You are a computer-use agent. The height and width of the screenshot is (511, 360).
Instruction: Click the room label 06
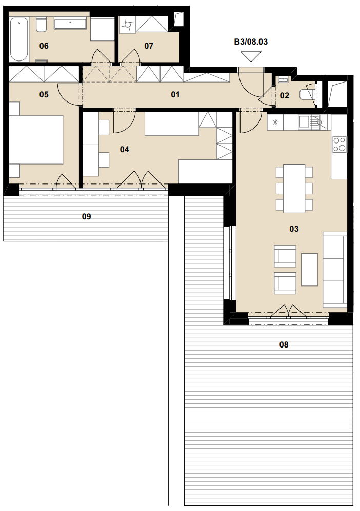click(x=44, y=46)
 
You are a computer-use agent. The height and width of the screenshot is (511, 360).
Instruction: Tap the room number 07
click(x=149, y=46)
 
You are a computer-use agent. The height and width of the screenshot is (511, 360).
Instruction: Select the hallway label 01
click(x=175, y=94)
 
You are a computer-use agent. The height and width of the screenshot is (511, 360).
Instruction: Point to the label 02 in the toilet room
click(x=284, y=95)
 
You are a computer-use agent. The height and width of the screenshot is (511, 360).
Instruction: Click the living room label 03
click(x=294, y=229)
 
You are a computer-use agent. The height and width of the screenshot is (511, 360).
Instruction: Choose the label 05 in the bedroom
click(x=44, y=94)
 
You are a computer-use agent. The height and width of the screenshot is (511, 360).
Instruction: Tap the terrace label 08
click(x=284, y=344)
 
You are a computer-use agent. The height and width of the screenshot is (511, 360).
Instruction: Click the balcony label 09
click(x=87, y=216)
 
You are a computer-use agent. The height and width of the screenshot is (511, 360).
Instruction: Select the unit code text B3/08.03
click(x=251, y=42)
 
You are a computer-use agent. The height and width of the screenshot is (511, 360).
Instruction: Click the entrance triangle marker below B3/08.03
click(x=251, y=57)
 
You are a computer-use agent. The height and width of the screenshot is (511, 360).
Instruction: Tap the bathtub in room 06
click(x=18, y=39)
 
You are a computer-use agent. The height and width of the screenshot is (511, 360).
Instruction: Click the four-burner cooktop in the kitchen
click(x=339, y=145)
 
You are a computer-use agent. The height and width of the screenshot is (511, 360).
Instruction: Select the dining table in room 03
click(x=294, y=189)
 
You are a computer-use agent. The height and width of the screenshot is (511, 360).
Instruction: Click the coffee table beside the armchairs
click(x=309, y=270)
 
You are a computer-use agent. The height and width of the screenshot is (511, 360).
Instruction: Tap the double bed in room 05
click(x=36, y=139)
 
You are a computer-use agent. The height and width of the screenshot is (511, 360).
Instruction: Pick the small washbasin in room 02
click(x=283, y=80)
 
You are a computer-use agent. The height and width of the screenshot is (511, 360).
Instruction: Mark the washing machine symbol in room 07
click(x=128, y=25)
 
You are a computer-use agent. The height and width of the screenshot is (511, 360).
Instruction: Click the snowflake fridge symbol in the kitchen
click(x=275, y=122)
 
